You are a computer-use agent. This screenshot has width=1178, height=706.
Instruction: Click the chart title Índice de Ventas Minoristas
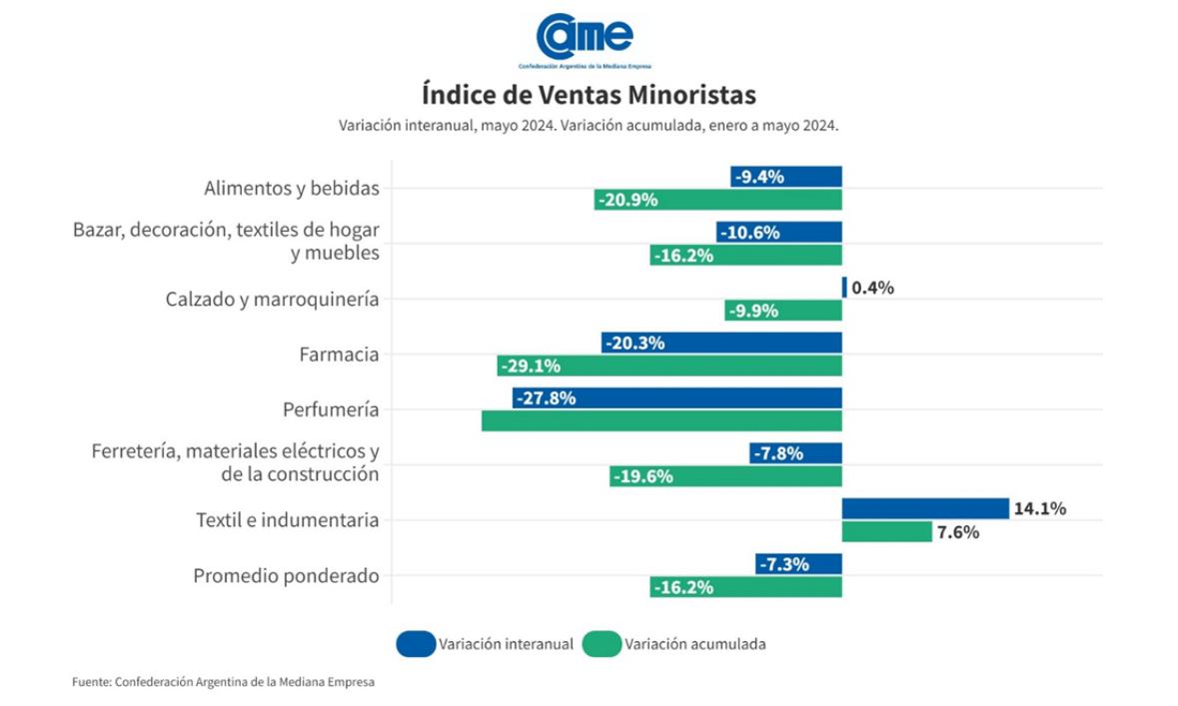[x=589, y=95]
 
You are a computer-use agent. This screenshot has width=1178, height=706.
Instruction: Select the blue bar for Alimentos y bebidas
[x=785, y=177]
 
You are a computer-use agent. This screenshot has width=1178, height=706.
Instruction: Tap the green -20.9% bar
[x=717, y=200]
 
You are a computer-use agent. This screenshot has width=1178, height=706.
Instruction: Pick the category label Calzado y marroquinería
[x=272, y=299]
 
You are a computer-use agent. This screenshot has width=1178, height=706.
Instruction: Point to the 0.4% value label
[x=872, y=288]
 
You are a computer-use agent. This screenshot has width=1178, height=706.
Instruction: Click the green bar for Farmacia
[x=669, y=365]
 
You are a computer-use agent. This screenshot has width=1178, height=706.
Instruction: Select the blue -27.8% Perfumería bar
[x=677, y=397]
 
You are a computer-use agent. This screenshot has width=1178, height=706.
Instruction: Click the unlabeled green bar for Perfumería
[x=661, y=420]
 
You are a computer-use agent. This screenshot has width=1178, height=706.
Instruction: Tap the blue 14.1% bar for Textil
[x=924, y=508]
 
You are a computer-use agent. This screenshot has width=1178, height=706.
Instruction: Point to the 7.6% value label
[x=957, y=532]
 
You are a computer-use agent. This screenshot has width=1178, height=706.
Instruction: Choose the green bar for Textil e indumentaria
[x=886, y=531]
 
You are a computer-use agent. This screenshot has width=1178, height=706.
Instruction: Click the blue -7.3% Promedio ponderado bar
[x=798, y=564]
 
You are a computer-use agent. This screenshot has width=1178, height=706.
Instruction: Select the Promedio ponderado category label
[x=286, y=576]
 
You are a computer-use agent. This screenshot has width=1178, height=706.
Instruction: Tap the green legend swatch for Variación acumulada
[x=600, y=644]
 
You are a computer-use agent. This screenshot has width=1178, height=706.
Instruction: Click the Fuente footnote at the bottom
[x=223, y=682]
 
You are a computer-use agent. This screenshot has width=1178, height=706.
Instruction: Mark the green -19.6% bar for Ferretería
[x=725, y=476]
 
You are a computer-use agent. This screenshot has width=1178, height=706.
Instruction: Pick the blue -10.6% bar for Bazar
[x=778, y=232]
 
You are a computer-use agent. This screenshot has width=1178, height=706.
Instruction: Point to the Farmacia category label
[x=339, y=354]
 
